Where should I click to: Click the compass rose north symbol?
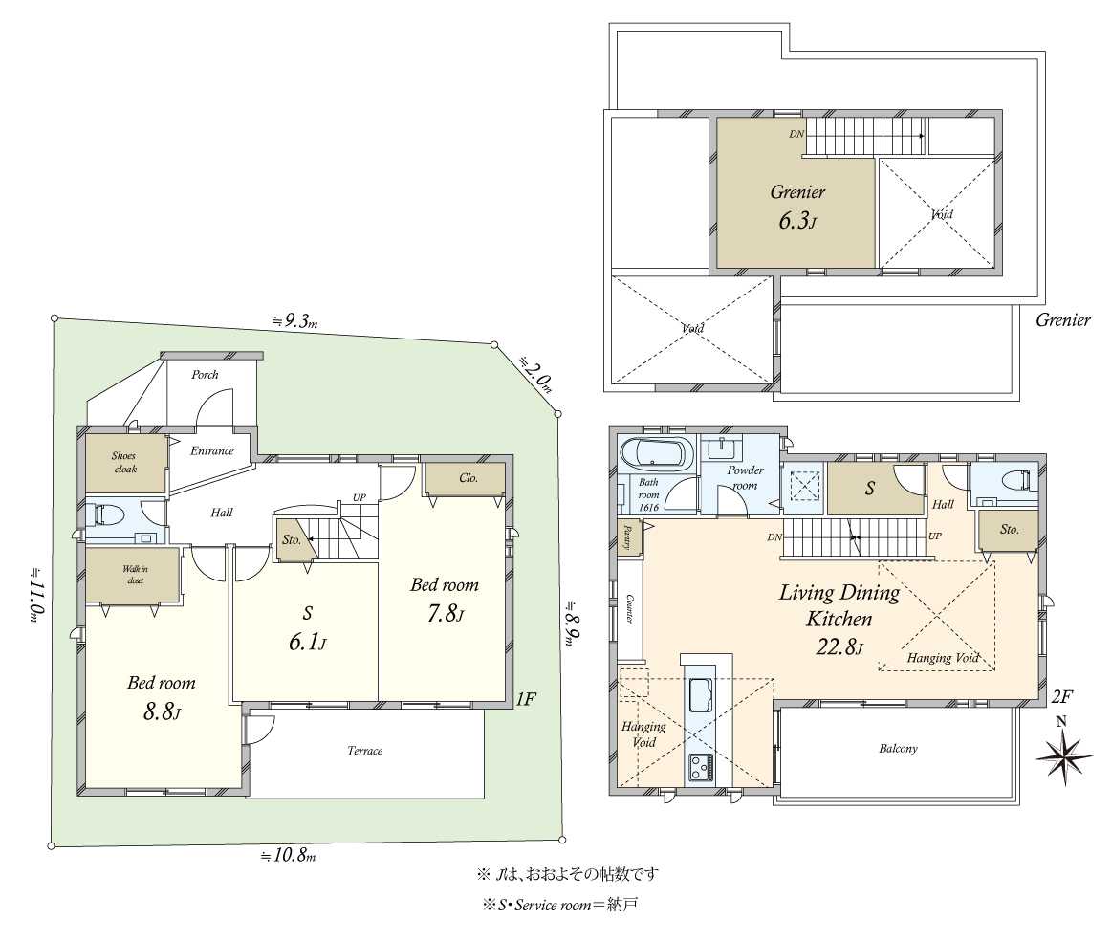tap(1063, 753)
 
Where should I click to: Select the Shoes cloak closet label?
tap(124, 462)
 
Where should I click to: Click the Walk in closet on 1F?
tap(133, 575)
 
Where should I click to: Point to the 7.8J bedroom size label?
tap(445, 613)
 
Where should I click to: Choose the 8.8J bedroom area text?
tap(162, 711)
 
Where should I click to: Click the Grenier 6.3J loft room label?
tap(797, 208)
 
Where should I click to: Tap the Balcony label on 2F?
tap(899, 749)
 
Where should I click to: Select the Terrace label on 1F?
tap(364, 751)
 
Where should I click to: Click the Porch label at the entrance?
tap(205, 375)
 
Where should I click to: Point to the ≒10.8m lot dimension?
tap(288, 855)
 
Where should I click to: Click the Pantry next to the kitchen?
tap(629, 536)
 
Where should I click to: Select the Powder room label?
tap(745, 478)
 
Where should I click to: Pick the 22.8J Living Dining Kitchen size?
tap(839, 646)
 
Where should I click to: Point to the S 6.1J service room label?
tap(307, 628)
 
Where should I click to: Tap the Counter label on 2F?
tap(628, 608)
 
